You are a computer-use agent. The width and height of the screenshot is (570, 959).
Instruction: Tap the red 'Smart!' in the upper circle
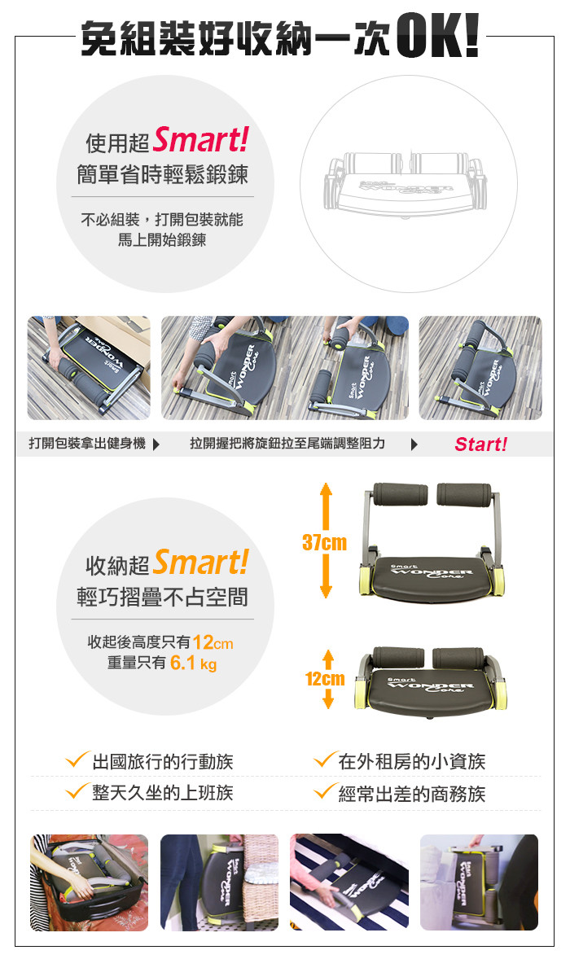point(200,139)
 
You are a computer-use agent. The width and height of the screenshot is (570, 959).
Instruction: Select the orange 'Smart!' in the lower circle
point(200,562)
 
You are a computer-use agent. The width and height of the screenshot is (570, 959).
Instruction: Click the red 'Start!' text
point(480,444)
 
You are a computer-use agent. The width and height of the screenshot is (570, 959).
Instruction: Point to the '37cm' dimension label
point(324,542)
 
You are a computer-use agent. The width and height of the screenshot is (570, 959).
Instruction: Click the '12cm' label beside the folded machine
point(325,679)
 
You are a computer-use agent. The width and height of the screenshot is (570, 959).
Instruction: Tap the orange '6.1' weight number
point(182,663)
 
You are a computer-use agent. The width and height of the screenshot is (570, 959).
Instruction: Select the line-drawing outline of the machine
point(404,183)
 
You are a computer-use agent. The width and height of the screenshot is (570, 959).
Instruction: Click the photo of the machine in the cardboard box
point(89,368)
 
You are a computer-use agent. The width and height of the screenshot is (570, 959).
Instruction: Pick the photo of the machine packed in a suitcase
point(90,882)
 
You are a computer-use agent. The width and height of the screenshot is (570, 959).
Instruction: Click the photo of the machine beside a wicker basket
point(219,882)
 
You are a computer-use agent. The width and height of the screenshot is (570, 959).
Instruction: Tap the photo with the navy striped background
point(349,882)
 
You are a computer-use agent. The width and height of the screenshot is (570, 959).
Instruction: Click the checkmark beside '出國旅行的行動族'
point(77,760)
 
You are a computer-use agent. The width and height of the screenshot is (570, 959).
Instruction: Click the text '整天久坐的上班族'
point(163,793)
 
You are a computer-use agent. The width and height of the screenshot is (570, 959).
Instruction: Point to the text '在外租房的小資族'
point(411,761)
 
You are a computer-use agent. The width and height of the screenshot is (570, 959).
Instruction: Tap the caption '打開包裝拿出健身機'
point(87,444)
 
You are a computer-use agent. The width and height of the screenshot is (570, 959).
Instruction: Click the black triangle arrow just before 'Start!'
point(414,444)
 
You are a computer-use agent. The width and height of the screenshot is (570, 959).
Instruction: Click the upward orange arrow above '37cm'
point(326,507)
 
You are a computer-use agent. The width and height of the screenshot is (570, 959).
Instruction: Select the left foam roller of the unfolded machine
point(401,493)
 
